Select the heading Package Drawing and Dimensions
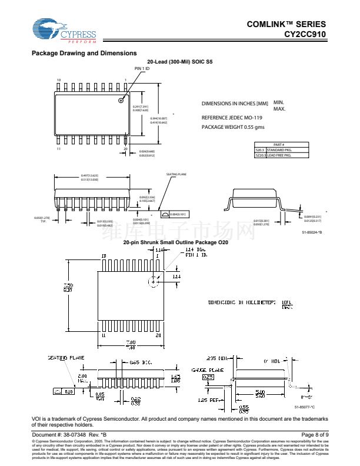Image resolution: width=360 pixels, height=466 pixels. click(84, 54)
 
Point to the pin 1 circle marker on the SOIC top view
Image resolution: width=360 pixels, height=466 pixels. click(121, 99)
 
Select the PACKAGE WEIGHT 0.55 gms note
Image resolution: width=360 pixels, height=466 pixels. click(233, 127)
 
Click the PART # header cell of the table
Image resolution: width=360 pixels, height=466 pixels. click(279, 145)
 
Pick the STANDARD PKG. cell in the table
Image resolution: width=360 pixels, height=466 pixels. click(279, 150)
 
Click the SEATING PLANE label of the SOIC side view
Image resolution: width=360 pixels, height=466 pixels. click(176, 175)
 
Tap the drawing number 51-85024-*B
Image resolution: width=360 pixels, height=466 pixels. click(312, 234)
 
